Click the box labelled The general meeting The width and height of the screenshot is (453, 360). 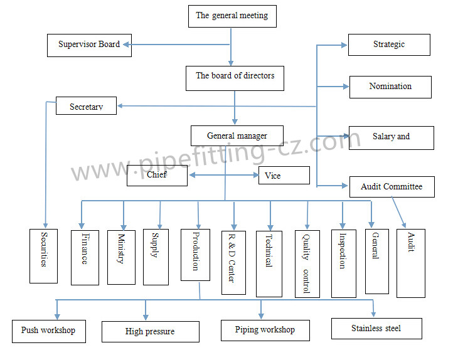coord(232,16)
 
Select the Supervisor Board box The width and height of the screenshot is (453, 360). coord(89,45)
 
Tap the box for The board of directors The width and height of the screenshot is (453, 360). coord(235,77)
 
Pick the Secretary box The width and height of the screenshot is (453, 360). coord(87,105)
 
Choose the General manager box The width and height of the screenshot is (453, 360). coord(237,136)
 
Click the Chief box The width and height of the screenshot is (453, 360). coord(157,176)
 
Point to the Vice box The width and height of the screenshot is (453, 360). coord(284,176)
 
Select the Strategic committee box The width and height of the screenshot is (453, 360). coord(389,45)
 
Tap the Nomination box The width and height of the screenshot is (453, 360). coord(390,87)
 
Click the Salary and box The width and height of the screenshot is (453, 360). coord(391,137)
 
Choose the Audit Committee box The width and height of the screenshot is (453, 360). coord(392,187)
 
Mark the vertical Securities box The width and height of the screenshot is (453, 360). coord(44,256)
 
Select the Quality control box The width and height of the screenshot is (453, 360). coord(307,263)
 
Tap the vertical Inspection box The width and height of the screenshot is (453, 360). coord(343,263)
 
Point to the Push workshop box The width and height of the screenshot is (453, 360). coord(48,331)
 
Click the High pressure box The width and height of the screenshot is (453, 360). coord(150,332)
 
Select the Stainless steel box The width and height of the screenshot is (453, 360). coord(376,329)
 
